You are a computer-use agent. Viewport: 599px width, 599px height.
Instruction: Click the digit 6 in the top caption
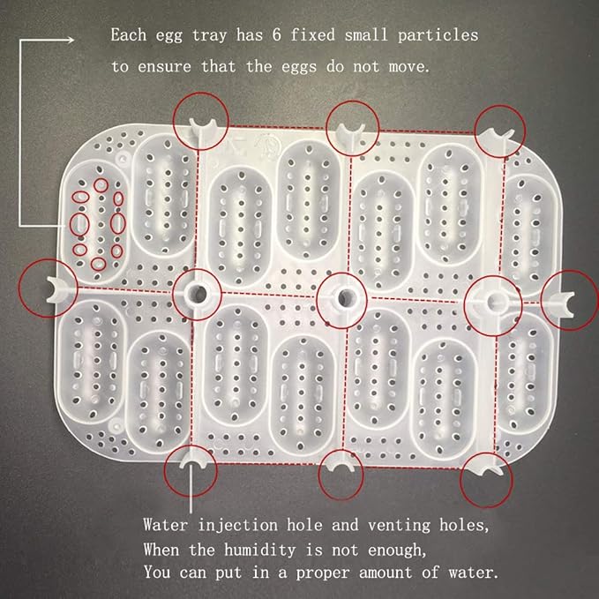pyautogui.click(x=277, y=34)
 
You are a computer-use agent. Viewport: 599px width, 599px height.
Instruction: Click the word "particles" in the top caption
pyautogui.click(x=438, y=35)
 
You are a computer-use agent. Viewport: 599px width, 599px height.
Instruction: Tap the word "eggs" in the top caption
pyautogui.click(x=299, y=67)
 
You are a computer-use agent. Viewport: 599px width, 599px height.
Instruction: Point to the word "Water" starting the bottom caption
pyautogui.click(x=166, y=525)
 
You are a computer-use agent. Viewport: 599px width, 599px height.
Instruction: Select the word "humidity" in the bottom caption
pyautogui.click(x=259, y=550)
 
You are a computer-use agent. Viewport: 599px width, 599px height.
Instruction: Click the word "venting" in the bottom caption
pyautogui.click(x=399, y=526)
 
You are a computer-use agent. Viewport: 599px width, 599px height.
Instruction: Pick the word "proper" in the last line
pyautogui.click(x=323, y=573)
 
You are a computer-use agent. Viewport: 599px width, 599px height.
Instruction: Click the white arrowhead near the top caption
pyautogui.click(x=71, y=40)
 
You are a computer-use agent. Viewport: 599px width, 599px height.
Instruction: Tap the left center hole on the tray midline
pyautogui.click(x=198, y=294)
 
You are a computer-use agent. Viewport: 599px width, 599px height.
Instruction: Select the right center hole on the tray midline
pyautogui.click(x=494, y=302)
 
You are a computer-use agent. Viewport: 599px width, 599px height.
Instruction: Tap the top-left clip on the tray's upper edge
pyautogui.click(x=202, y=126)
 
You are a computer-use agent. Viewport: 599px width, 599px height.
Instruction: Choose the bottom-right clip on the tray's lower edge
pyautogui.click(x=488, y=468)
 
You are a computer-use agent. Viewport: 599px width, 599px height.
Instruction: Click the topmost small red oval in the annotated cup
pyautogui.click(x=101, y=185)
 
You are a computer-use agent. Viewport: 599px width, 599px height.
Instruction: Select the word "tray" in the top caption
pyautogui.click(x=210, y=35)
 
